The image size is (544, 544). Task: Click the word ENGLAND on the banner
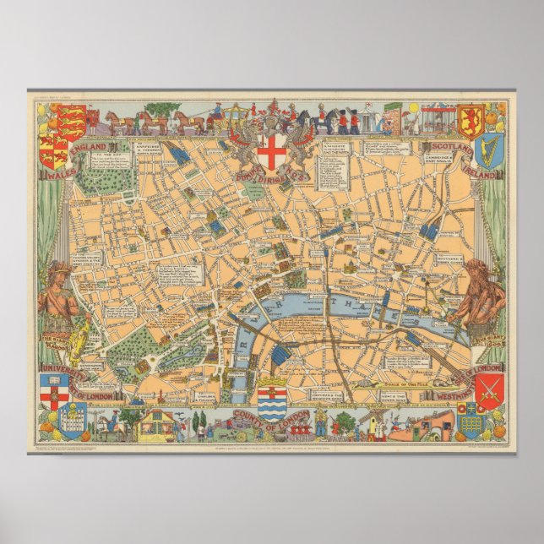(x=88, y=150)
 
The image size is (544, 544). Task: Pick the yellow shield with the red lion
(x=470, y=120)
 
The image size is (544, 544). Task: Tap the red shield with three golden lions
(x=73, y=122)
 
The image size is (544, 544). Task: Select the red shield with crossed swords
(x=490, y=391)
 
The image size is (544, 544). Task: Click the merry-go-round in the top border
(x=434, y=117)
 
